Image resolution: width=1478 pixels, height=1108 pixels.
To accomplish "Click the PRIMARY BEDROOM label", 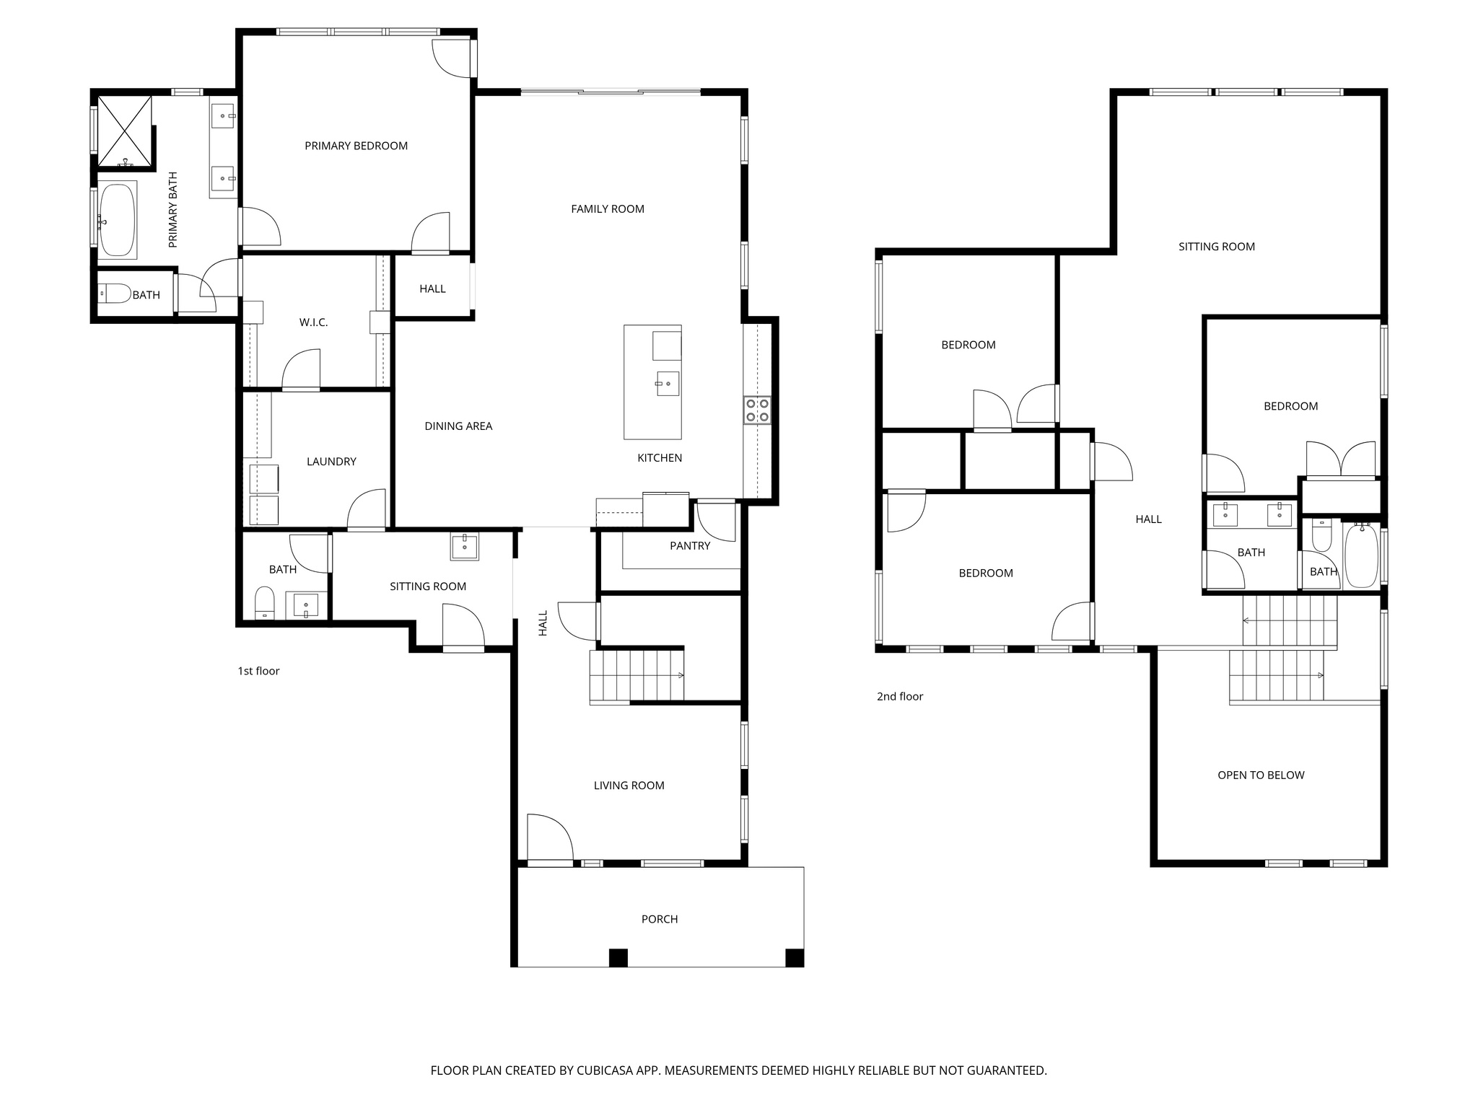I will tap(356, 146).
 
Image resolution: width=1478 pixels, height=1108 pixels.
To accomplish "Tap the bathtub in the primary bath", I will tap(117, 219).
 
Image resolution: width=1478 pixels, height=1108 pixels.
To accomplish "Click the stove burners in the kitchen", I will tap(757, 410).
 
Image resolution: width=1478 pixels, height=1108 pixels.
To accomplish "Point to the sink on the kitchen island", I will tap(668, 384).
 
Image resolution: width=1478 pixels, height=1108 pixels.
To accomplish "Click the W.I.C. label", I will tap(313, 322).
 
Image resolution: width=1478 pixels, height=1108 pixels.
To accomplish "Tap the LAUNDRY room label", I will tap(331, 462).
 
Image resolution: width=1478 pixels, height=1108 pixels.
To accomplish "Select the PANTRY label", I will tap(690, 546).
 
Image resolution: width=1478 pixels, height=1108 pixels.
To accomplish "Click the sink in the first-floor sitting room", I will tap(465, 547).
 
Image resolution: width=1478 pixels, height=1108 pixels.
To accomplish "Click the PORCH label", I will tap(660, 919).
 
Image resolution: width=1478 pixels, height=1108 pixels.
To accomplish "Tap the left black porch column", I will tap(618, 957).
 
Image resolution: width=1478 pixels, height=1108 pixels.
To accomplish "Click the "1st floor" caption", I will tap(258, 671).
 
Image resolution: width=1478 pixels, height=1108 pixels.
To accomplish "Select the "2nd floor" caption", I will tap(900, 696).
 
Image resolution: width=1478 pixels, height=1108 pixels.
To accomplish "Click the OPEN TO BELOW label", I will tap(1261, 775).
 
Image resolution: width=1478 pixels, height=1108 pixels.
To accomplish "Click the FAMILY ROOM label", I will tap(608, 209).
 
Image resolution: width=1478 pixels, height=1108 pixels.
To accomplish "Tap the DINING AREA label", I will tap(458, 426).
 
